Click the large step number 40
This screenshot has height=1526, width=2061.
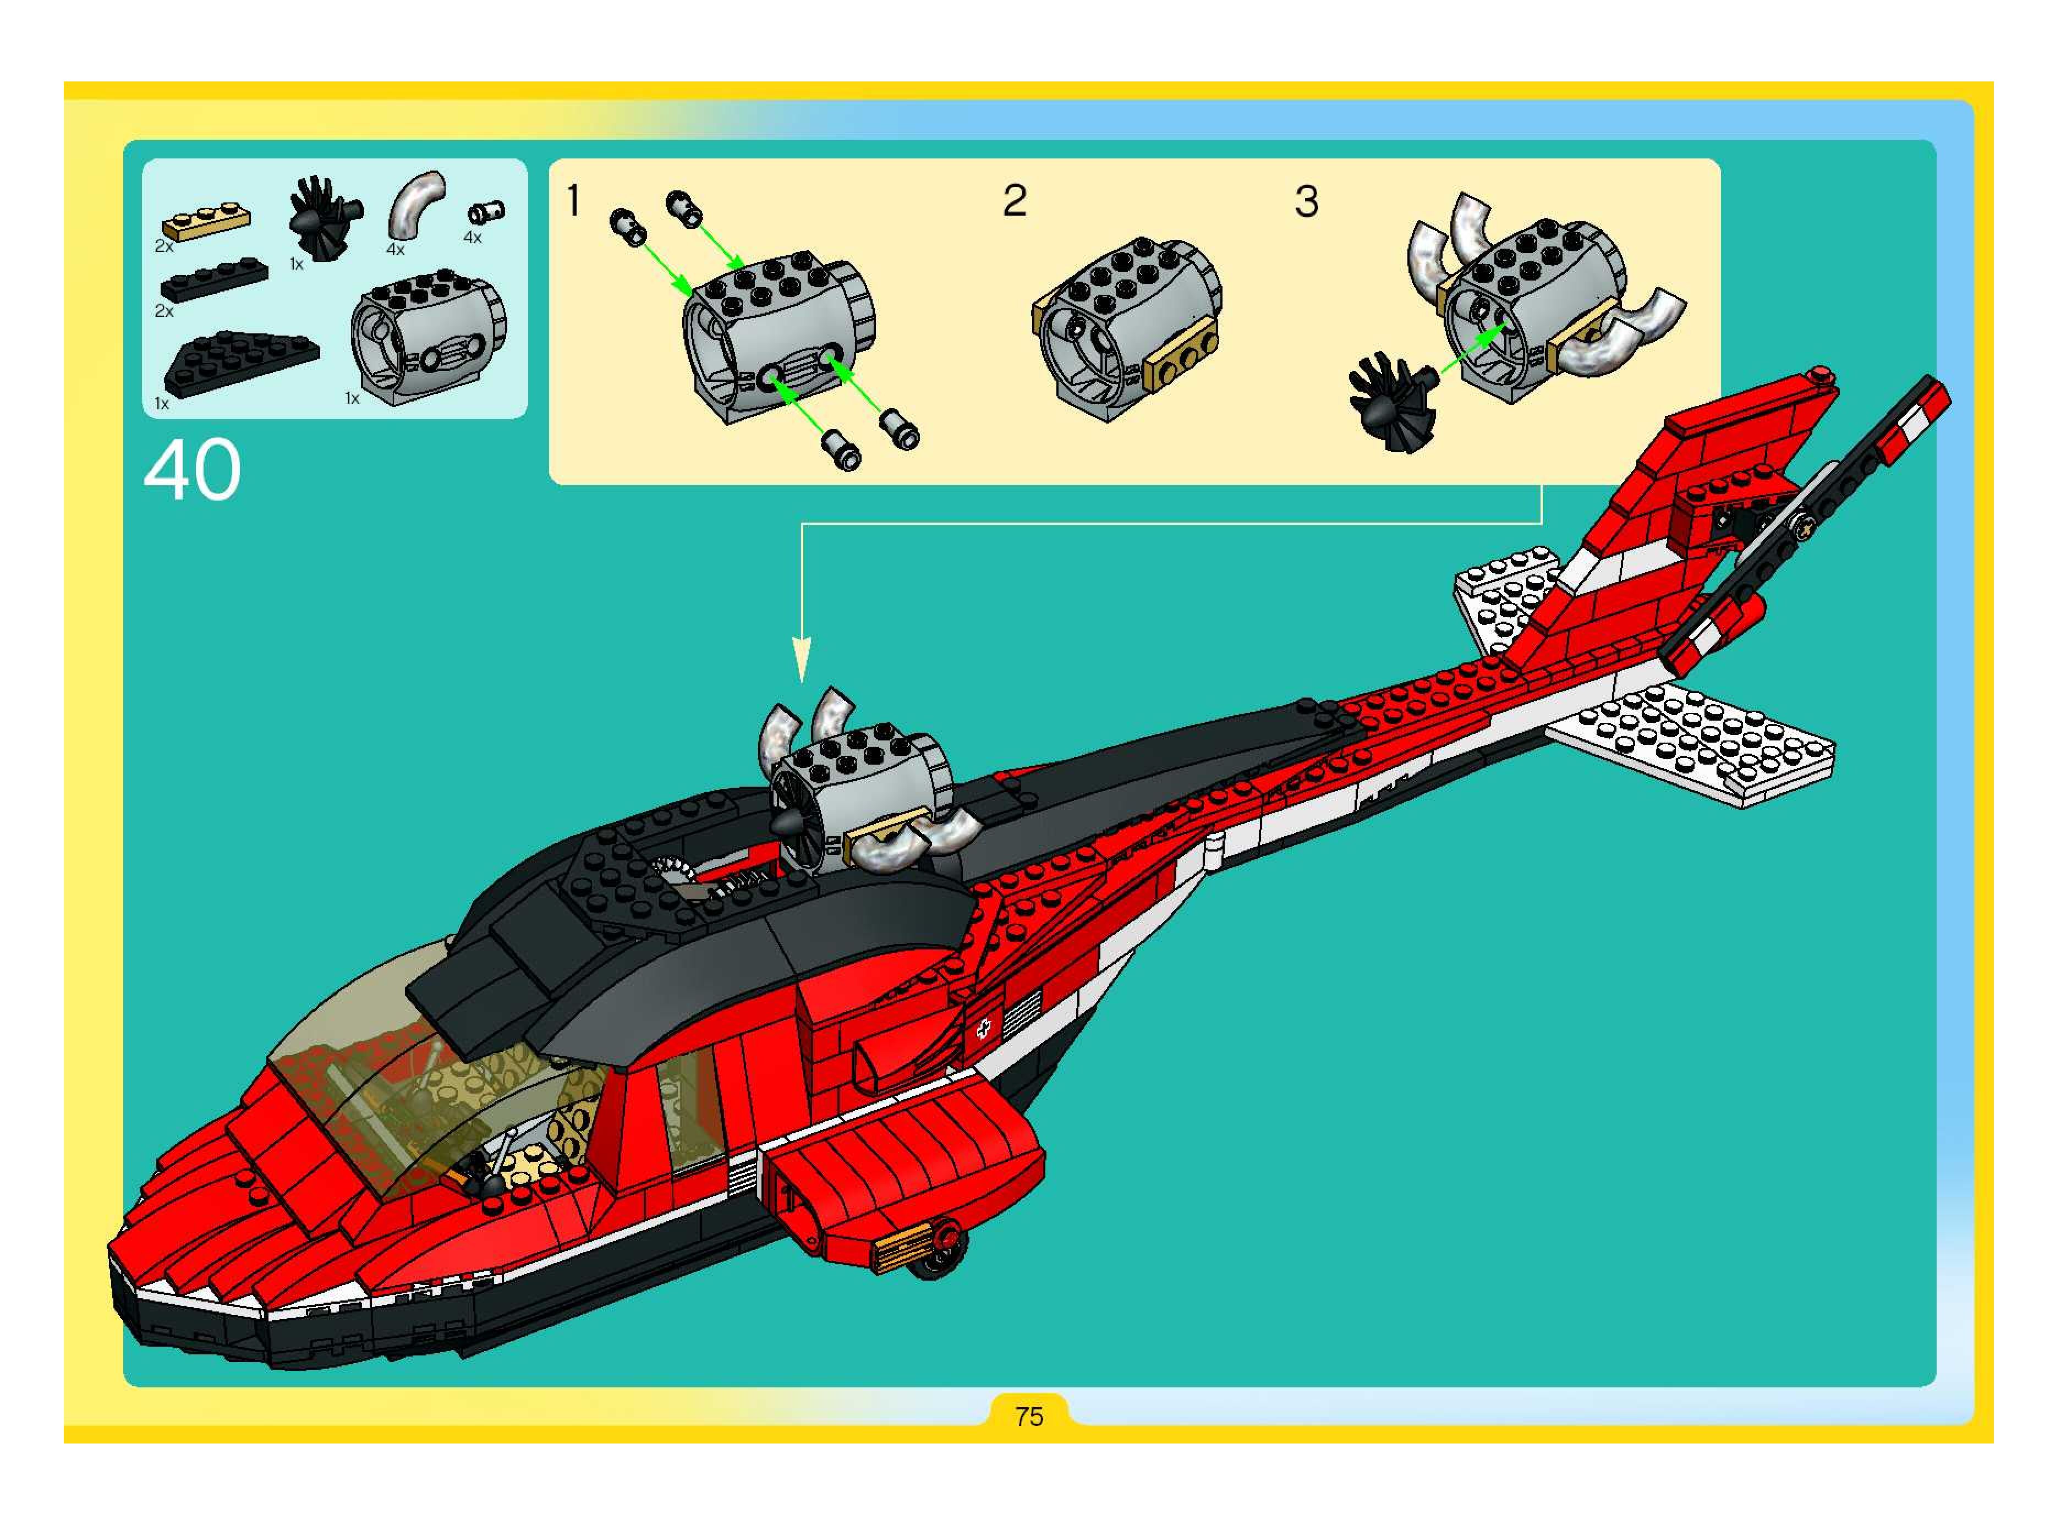coord(192,470)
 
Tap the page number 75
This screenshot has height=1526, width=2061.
coord(1028,1416)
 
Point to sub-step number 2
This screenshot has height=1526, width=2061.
coord(1015,200)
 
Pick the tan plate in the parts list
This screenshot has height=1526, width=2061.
coord(208,223)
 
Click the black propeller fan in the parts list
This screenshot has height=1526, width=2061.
coord(324,218)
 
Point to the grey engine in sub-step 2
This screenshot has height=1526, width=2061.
coord(1127,328)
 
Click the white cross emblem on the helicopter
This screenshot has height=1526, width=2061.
coord(984,1027)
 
